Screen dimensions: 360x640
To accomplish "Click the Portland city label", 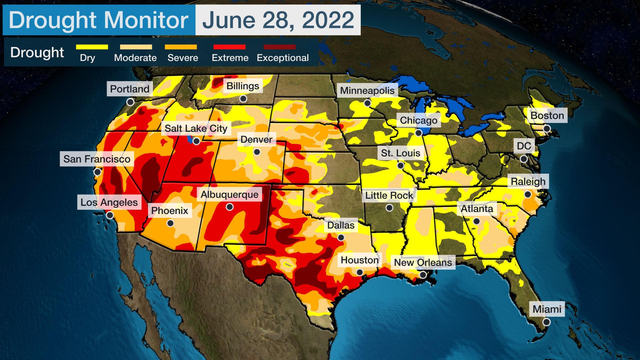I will pyautogui.click(x=130, y=89).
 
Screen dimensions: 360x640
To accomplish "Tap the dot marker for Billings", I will pyautogui.click(x=243, y=99).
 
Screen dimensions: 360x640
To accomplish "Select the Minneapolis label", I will pyautogui.click(x=367, y=91).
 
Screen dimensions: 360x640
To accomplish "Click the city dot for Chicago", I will pyautogui.click(x=418, y=133).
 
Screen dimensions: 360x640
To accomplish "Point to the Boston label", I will pyautogui.click(x=547, y=116).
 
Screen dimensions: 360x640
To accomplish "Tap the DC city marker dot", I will pyautogui.click(x=524, y=159).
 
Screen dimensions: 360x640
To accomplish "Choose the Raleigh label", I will pyautogui.click(x=528, y=182).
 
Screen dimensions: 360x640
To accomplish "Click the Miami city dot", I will pyautogui.click(x=546, y=322).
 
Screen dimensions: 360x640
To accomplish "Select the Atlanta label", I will pyautogui.click(x=477, y=209).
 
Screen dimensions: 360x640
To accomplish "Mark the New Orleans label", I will pyautogui.click(x=423, y=263).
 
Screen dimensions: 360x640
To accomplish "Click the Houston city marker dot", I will pyautogui.click(x=360, y=272).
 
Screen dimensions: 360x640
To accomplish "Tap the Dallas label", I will pyautogui.click(x=341, y=225).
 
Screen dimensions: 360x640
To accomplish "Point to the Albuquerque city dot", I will pyautogui.click(x=230, y=207).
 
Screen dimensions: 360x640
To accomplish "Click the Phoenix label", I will pyautogui.click(x=170, y=211).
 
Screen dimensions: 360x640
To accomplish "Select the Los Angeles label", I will pyautogui.click(x=109, y=202).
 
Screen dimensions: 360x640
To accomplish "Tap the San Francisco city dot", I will pyautogui.click(x=97, y=172).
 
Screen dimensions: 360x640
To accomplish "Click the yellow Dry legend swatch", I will pyautogui.click(x=92, y=47).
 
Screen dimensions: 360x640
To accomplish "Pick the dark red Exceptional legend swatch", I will pyautogui.click(x=279, y=47).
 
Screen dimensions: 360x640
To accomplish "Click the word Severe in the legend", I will pyautogui.click(x=183, y=58).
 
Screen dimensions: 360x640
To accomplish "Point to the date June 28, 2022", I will pyautogui.click(x=278, y=20).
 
